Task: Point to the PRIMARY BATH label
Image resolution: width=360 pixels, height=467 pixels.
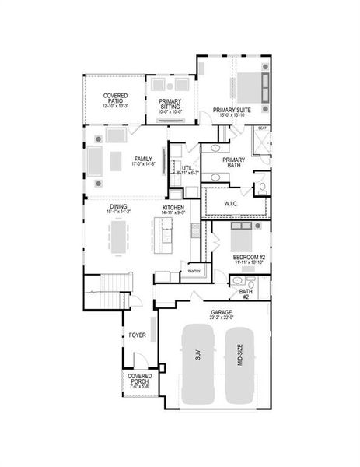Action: coord(234,163)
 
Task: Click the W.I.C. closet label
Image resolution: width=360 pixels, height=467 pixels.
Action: coord(232,204)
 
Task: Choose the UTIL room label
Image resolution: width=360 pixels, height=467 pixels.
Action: coord(187,168)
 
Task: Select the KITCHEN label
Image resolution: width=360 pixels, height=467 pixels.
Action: coord(173,208)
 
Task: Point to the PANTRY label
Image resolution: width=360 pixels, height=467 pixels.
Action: coord(194,272)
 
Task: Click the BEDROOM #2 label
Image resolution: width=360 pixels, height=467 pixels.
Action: coord(249,258)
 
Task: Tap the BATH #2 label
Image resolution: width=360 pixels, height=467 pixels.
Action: coord(245,293)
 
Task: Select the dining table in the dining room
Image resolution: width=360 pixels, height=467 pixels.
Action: coord(119,237)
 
